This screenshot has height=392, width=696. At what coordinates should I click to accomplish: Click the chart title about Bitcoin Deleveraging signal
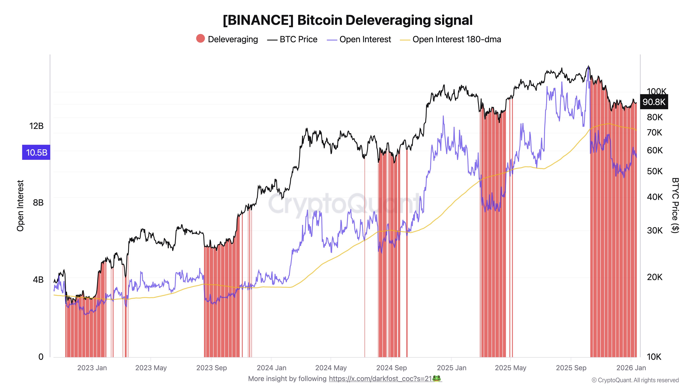(348, 20)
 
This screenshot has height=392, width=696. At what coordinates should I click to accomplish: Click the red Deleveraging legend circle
(200, 39)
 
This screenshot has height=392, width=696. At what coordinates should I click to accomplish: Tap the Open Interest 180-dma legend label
(456, 40)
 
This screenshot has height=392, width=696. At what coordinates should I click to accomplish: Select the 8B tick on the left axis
(38, 203)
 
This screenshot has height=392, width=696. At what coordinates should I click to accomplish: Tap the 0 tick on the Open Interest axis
(41, 357)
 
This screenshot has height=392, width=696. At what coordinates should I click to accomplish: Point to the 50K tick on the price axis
(655, 171)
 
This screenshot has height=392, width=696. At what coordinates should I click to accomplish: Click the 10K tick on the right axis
(654, 357)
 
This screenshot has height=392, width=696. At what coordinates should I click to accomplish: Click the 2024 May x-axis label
(331, 368)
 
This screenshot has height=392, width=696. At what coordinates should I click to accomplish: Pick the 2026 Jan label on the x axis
(631, 368)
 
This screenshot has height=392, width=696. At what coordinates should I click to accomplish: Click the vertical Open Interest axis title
(20, 206)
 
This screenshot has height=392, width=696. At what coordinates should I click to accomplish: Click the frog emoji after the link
(437, 378)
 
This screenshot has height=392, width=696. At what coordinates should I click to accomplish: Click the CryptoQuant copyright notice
(635, 380)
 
